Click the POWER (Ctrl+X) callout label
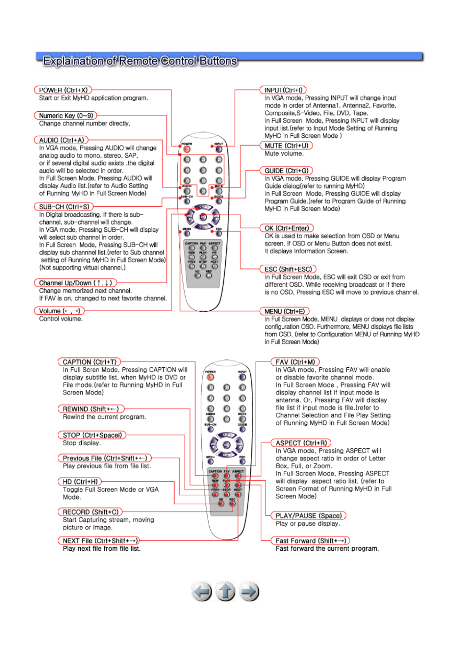pyautogui.click(x=63, y=90)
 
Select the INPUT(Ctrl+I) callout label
pyautogui.click(x=283, y=90)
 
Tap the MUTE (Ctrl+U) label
pyautogui.click(x=286, y=146)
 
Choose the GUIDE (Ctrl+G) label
pyautogui.click(x=286, y=171)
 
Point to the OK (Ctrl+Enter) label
pyautogui.click(x=287, y=228)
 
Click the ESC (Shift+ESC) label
pyautogui.click(x=288, y=269)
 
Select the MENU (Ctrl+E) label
pyautogui.click(x=284, y=311)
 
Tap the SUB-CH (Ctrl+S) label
pyautogui.click(x=64, y=207)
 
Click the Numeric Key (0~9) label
pyautogui.click(x=66, y=116)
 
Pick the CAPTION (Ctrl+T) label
pyautogui.click(x=89, y=362)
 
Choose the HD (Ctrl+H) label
pyautogui.click(x=80, y=482)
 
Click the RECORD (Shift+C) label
pyautogui.click(x=90, y=512)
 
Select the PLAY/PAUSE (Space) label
pyautogui.click(x=308, y=516)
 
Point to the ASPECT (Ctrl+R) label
pyautogui.click(x=301, y=443)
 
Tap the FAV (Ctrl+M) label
pyautogui.click(x=295, y=362)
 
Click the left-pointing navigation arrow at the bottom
pyautogui.click(x=202, y=591)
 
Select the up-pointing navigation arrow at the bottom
pyautogui.click(x=225, y=591)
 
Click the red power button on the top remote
pyautogui.click(x=187, y=149)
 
